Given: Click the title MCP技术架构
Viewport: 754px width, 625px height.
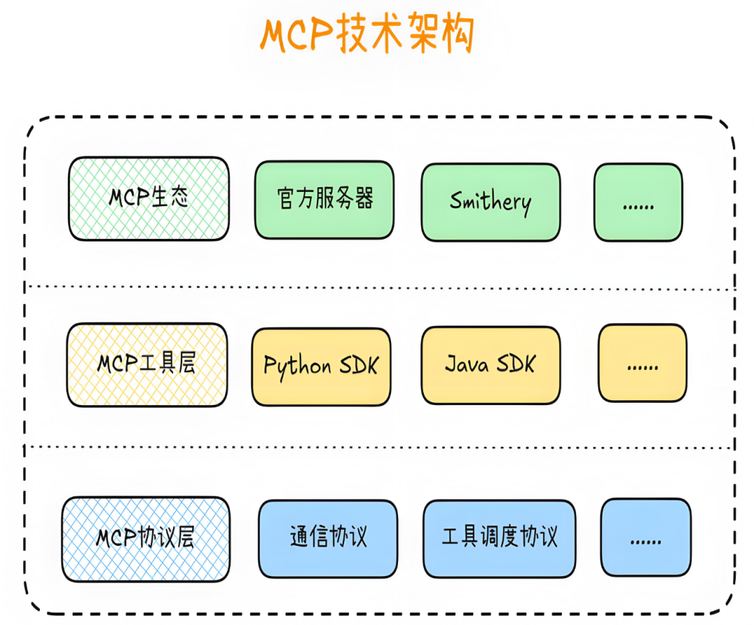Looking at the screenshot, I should tap(368, 34).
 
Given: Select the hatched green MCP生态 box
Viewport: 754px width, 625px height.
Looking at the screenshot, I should tap(148, 199).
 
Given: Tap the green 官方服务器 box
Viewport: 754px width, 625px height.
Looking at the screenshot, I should tap(324, 200).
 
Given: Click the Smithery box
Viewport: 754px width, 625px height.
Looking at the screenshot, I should tap(490, 203).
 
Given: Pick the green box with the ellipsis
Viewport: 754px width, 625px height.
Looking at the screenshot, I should tap(638, 203).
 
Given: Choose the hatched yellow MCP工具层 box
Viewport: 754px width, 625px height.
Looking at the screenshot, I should tap(147, 365).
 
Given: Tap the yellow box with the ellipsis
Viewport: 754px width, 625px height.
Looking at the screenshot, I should tap(642, 363).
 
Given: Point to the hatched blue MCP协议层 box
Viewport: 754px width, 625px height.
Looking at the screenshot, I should tap(145, 539).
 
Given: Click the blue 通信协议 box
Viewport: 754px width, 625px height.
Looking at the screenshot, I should tap(327, 538).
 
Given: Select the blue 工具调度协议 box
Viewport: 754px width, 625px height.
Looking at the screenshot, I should tap(500, 538).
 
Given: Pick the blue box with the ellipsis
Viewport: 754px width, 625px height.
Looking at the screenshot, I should tap(646, 538).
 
